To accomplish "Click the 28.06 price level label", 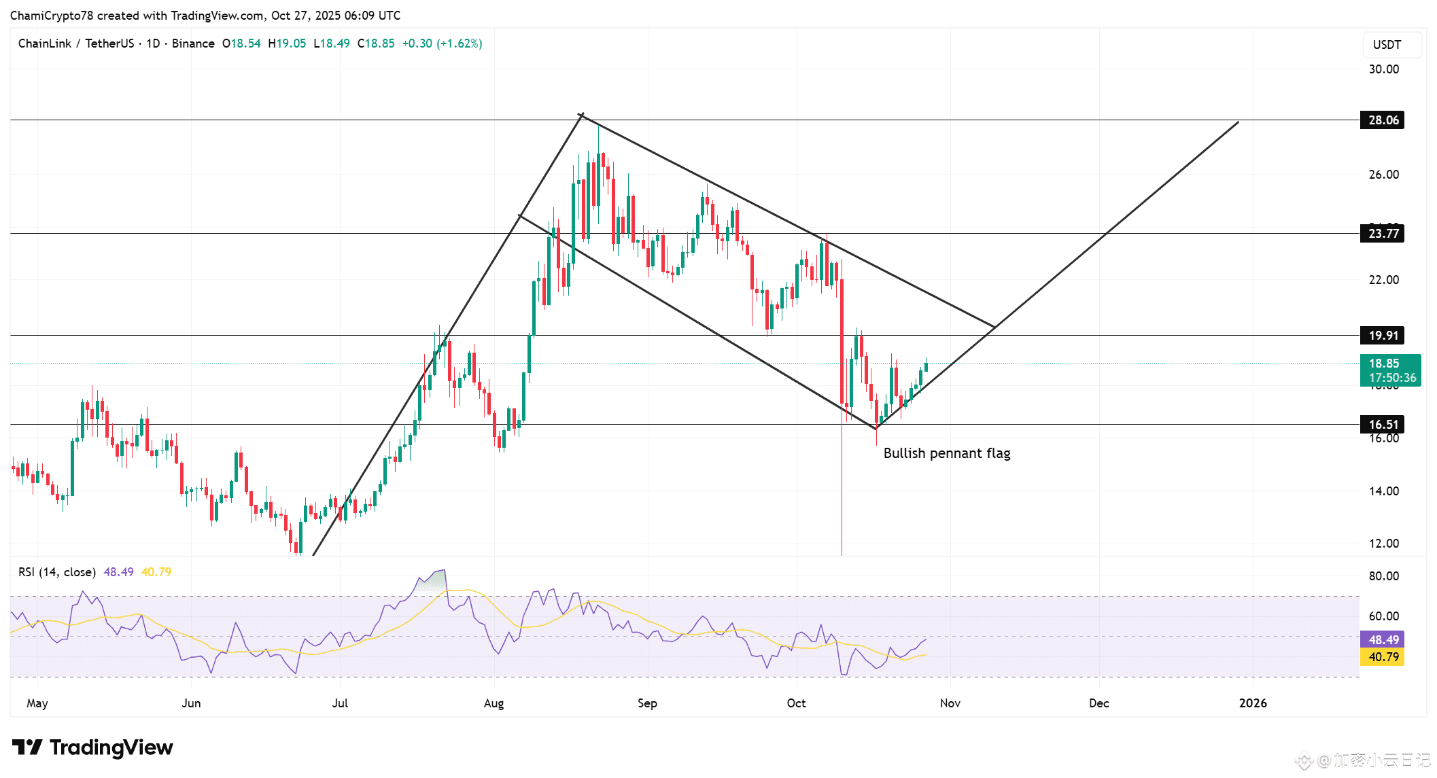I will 1383,120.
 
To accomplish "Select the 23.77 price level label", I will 1383,234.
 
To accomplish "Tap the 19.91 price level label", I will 1383,335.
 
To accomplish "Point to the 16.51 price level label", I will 1383,425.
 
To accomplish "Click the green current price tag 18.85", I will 1389,370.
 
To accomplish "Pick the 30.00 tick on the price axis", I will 1383,69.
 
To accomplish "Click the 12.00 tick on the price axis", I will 1383,544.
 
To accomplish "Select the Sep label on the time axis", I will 647,703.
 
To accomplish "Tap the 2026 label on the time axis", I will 1252,703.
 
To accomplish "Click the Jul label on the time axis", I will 340,703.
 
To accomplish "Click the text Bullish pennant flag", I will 946,453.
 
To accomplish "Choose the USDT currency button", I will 1387,45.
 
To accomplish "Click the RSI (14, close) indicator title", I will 57,572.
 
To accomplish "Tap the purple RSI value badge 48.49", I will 1383,640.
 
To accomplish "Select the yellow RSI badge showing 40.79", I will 1383,657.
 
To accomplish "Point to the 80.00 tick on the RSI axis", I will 1383,576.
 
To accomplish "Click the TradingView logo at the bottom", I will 92,747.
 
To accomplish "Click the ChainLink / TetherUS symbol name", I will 76,43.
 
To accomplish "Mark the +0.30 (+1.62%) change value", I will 442,43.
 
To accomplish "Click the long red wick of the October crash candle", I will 842,489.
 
